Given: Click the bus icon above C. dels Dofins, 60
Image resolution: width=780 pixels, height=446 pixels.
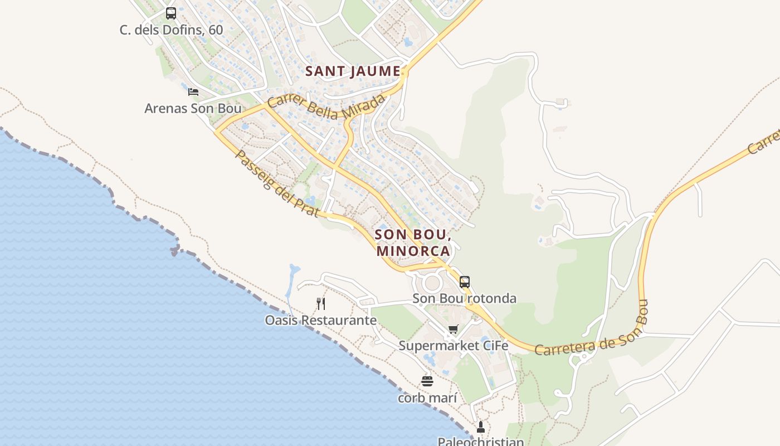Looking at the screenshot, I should tap(171, 13).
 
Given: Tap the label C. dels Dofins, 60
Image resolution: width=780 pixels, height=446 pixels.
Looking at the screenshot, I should tap(171, 30).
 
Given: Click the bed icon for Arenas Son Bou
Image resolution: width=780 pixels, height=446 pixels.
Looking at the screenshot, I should tap(193, 91).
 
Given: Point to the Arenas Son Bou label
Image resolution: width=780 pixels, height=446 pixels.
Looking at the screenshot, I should tap(193, 108).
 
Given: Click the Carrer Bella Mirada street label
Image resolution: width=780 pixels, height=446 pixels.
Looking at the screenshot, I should tap(326, 106).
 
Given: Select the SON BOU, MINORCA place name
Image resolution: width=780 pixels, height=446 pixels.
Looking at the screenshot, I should tap(413, 243).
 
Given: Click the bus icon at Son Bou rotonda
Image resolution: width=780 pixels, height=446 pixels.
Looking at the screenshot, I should tap(464, 282).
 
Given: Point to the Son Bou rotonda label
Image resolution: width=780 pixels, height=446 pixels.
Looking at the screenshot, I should tap(464, 299).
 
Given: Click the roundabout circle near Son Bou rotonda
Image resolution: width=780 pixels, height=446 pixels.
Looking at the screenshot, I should tap(432, 283).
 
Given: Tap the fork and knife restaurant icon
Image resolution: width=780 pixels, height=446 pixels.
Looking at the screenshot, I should tap(320, 304).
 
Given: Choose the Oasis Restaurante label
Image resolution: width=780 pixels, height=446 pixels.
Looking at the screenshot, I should tap(320, 321).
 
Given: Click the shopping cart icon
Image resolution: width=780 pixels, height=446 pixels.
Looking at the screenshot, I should tap(453, 329).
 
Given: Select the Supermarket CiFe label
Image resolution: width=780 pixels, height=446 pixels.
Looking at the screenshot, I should tap(453, 346).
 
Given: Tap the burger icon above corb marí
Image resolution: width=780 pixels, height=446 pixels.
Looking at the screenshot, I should tap(427, 381).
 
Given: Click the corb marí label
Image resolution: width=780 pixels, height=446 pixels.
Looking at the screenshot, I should tap(427, 398).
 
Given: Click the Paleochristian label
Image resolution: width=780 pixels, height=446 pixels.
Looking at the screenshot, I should tap(480, 442).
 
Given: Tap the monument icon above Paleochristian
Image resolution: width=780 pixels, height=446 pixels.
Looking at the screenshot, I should tap(481, 427).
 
